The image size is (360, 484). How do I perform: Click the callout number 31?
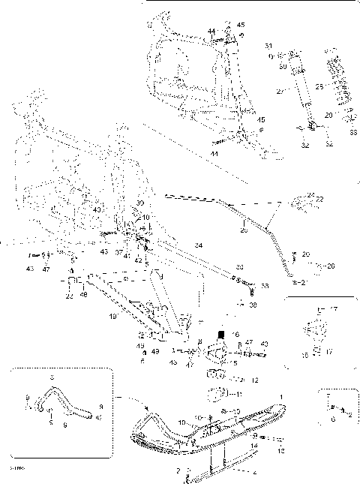click(x=290, y=47)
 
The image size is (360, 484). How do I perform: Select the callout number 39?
click(x=140, y=204)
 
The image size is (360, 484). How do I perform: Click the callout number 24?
click(x=198, y=245)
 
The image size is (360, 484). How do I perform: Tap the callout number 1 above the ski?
click(x=281, y=395)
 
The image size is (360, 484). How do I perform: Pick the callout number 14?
click(x=253, y=446)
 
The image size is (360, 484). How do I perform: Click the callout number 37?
click(x=118, y=253)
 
